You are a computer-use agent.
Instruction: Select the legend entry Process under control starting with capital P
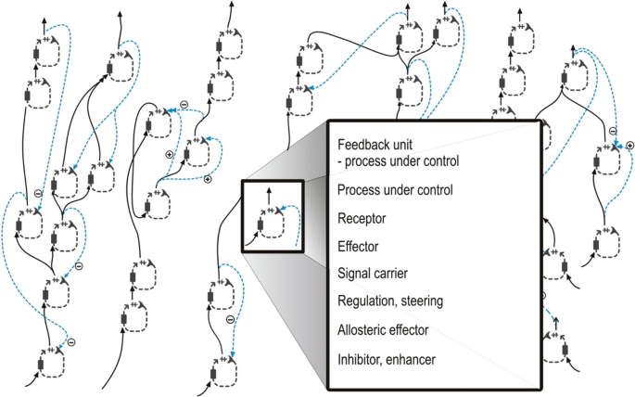click(x=395, y=191)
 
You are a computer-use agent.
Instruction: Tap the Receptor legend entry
click(x=361, y=220)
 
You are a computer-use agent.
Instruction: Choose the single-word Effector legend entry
click(x=359, y=247)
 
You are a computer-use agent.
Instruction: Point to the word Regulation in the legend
click(x=365, y=301)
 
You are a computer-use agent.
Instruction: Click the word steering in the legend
click(x=419, y=301)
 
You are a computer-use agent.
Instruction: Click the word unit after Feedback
click(x=403, y=145)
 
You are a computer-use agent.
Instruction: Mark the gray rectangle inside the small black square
click(x=261, y=224)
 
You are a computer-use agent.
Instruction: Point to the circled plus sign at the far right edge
click(x=629, y=146)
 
